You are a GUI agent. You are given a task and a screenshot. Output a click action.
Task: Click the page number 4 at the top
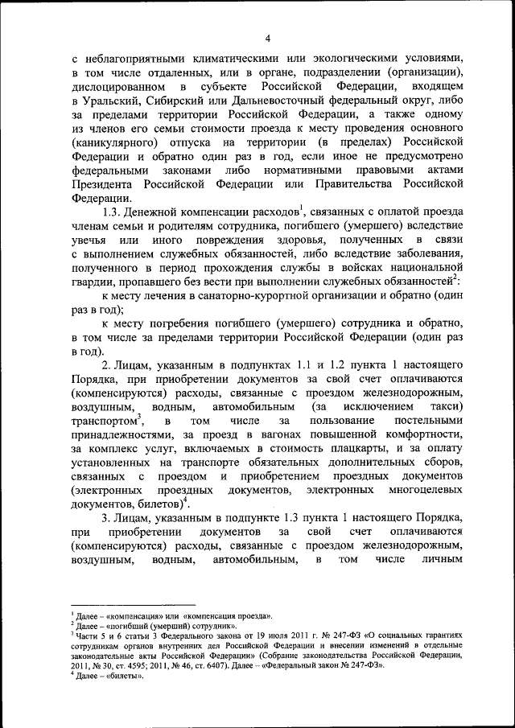267,37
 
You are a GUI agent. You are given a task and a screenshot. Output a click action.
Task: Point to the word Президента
105,184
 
